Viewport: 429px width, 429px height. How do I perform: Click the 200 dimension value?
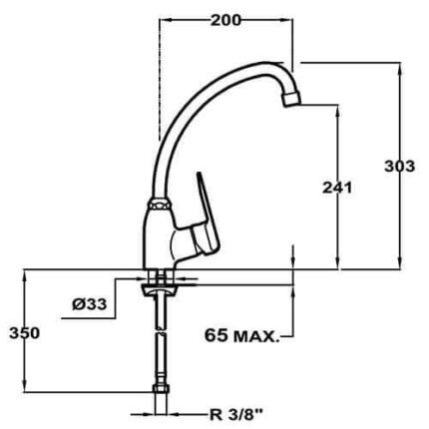pos(225,21)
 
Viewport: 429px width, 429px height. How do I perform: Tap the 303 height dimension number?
pos(399,166)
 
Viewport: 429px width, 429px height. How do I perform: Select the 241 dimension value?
pos(337,189)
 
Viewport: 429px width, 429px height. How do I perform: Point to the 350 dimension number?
pos(25,333)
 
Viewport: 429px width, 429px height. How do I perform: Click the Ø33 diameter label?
pos(90,303)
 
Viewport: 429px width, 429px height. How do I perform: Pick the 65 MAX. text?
pos(241,335)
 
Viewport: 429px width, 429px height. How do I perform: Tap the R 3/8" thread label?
pos(236,415)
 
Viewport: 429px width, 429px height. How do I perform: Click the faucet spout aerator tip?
pos(291,99)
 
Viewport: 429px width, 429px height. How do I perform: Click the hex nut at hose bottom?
pos(162,389)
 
